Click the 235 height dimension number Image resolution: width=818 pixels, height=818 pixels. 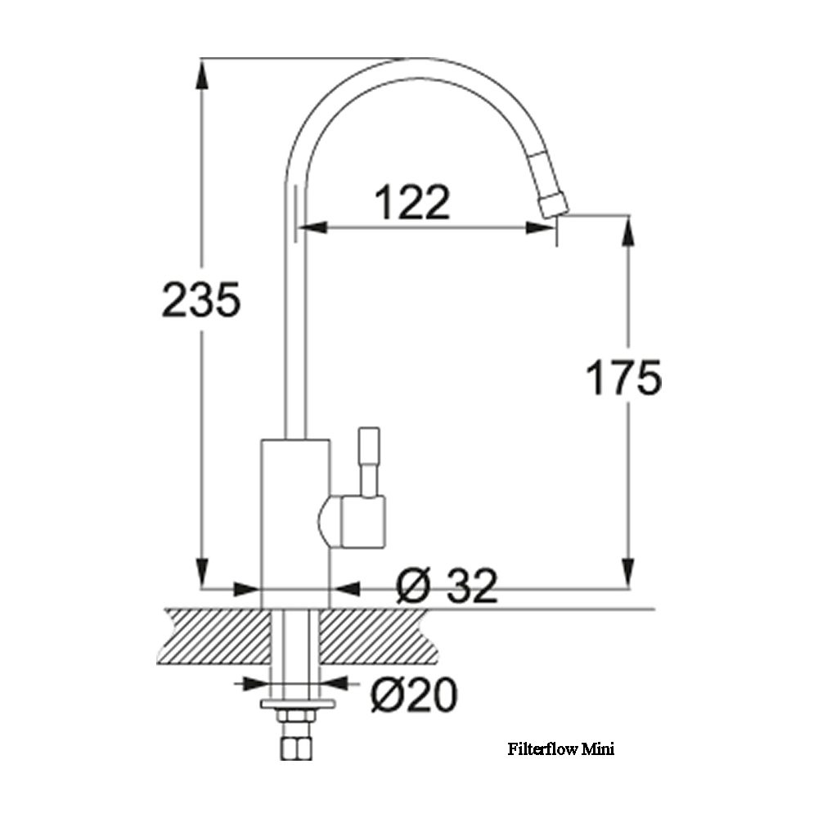[x=201, y=299]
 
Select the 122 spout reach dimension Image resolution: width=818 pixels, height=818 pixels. [x=412, y=201]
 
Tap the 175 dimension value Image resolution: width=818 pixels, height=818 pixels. [x=624, y=376]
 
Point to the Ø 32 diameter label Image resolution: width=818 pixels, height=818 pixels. [x=447, y=586]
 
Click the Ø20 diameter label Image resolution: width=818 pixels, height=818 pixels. [x=414, y=694]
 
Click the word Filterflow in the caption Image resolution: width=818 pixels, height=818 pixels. [x=543, y=749]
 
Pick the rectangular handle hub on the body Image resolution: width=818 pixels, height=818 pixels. [x=363, y=522]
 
